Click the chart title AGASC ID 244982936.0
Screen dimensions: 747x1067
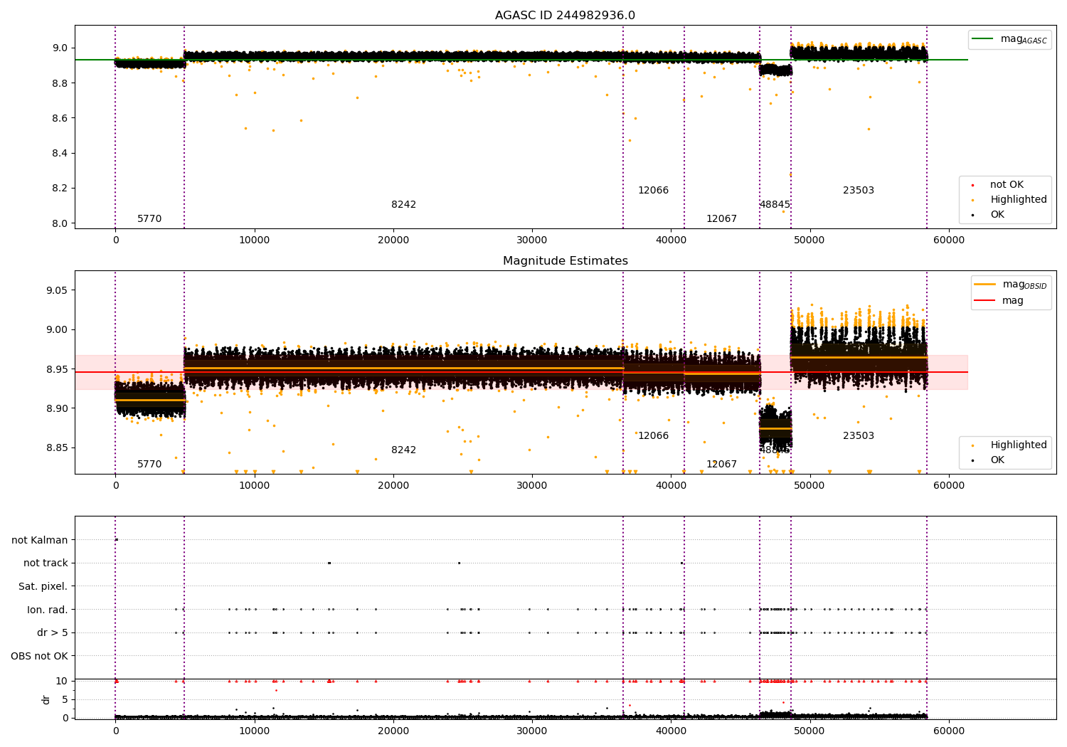[x=565, y=16]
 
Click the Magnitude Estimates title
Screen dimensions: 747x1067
[x=565, y=261]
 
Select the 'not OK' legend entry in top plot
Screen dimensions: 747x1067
[x=1007, y=185]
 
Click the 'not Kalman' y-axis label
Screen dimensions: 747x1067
[x=40, y=540]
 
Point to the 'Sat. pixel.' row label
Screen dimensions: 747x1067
[x=43, y=586]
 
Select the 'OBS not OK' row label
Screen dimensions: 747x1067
[x=39, y=656]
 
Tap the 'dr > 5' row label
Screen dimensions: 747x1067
[x=52, y=632]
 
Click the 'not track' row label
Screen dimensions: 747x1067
[x=46, y=563]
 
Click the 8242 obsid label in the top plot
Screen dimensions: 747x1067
[x=403, y=205]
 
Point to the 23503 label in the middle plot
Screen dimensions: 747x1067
[x=858, y=436]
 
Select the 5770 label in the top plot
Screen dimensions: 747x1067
[x=149, y=219]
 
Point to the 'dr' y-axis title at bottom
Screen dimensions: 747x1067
[x=46, y=699]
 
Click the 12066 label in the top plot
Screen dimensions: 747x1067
[x=653, y=191]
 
